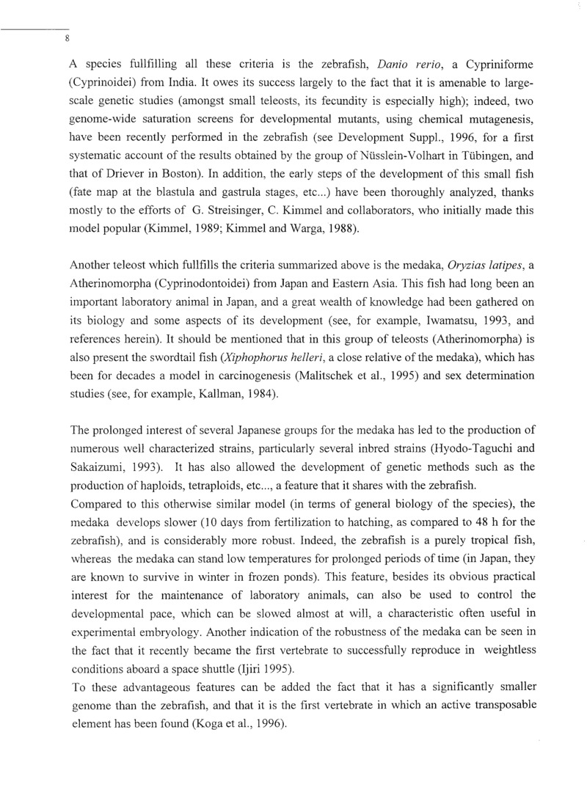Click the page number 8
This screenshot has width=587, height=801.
[x=67, y=39]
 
